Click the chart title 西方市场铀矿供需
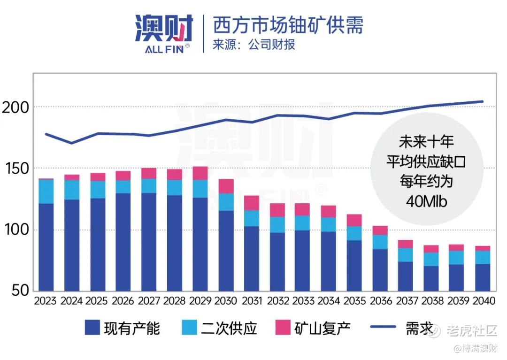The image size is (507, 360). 288,25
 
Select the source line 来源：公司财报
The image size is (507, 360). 253,45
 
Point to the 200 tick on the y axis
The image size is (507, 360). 15,107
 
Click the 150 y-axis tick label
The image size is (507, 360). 15,169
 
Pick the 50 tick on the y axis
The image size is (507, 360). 20,291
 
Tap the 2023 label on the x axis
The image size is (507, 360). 46,301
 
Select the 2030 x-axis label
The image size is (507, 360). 226,301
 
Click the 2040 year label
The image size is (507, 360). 482,301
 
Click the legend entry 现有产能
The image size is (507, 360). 122,328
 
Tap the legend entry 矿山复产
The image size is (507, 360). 314,328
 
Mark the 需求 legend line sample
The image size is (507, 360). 381,327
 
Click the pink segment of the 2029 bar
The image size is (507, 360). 200,173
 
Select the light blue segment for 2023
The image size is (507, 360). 46,191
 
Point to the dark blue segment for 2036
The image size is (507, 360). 380,270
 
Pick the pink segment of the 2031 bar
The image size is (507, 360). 252,203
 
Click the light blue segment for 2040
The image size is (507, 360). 482,257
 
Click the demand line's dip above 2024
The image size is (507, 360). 71,143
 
